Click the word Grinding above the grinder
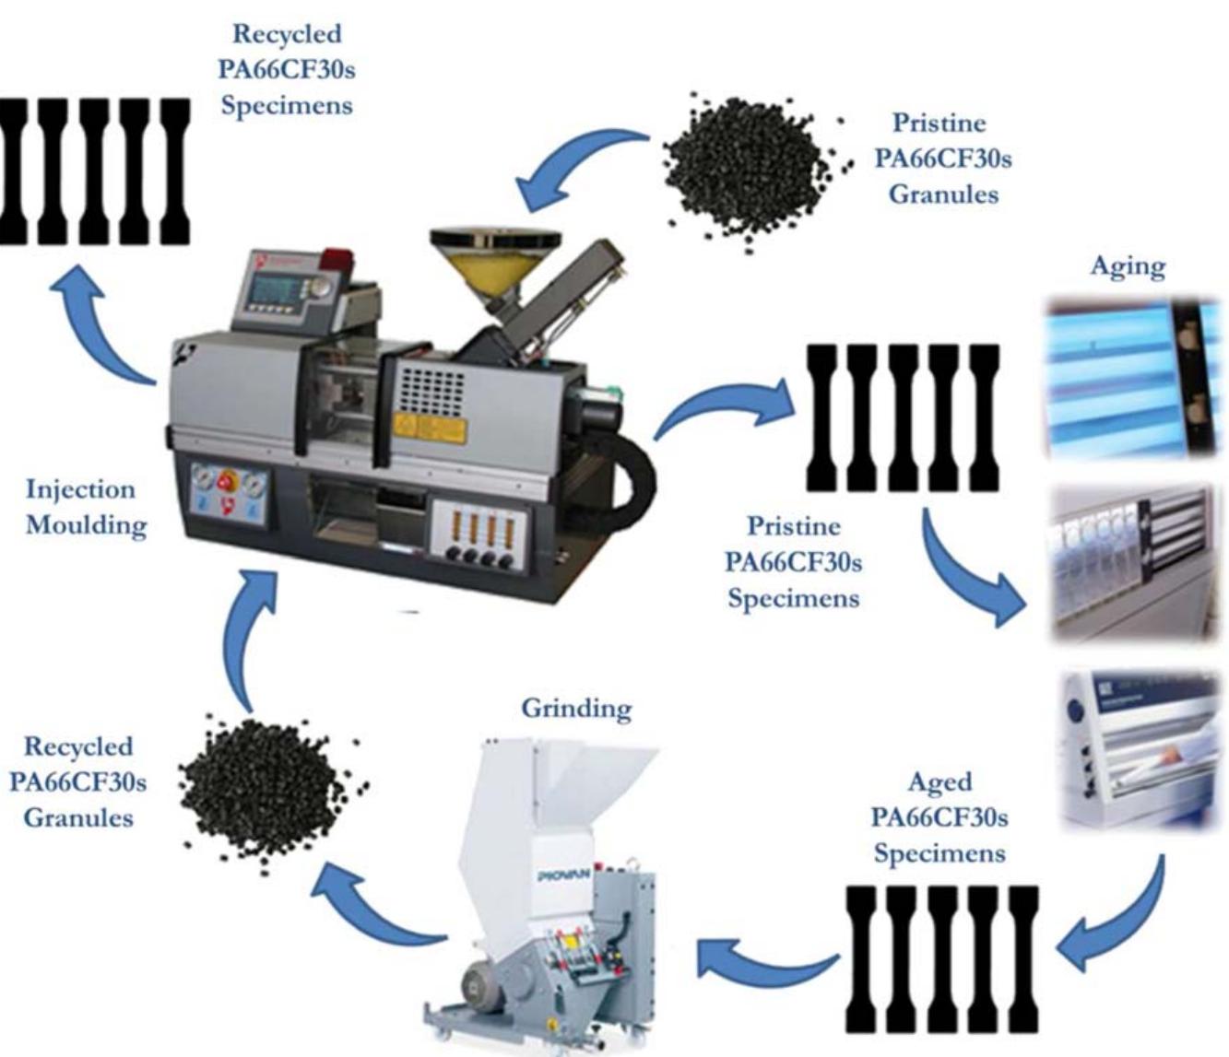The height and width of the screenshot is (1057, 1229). pyautogui.click(x=576, y=709)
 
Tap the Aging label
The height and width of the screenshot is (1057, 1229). pyautogui.click(x=1128, y=266)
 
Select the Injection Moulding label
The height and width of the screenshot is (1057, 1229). pyautogui.click(x=86, y=507)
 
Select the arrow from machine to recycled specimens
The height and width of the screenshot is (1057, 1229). pyautogui.click(x=101, y=323)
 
